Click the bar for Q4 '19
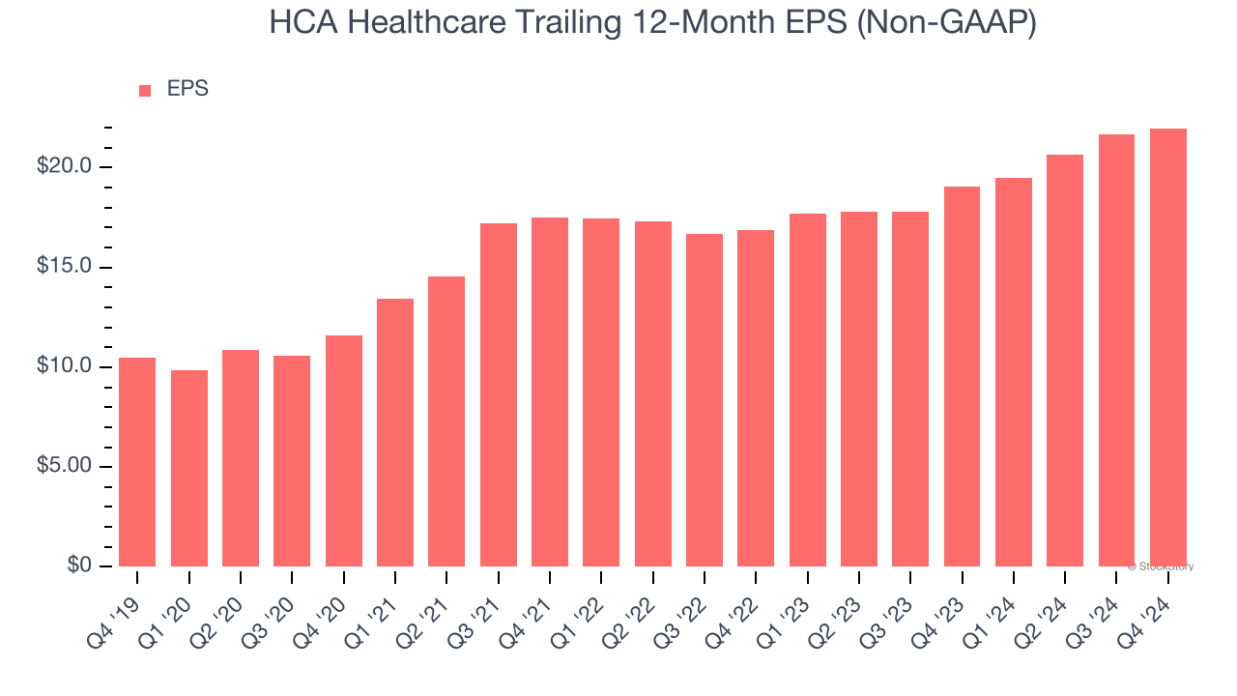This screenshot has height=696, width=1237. pos(137,462)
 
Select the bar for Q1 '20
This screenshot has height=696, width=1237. pos(189,468)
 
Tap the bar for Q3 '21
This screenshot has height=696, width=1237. pos(499,394)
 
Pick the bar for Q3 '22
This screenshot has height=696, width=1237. pos(705,400)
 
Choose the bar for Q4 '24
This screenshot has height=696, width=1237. pos(1168,348)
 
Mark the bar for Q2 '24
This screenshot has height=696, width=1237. pos(1065,361)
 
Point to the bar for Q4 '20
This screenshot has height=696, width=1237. pos(344,450)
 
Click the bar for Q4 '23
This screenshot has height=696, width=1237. pos(962,376)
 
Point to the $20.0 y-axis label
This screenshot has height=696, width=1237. pos(64,166)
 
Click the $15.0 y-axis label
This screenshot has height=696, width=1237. pos(64,267)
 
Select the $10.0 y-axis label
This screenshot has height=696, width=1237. pos(64,366)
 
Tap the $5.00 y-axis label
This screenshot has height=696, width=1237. pos(64,466)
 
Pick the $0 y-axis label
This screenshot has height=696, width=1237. pos(78,565)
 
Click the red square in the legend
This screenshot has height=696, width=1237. pos(145,91)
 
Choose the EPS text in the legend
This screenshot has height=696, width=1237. pos(187,89)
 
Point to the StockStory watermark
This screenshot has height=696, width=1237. pos(1161,566)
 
